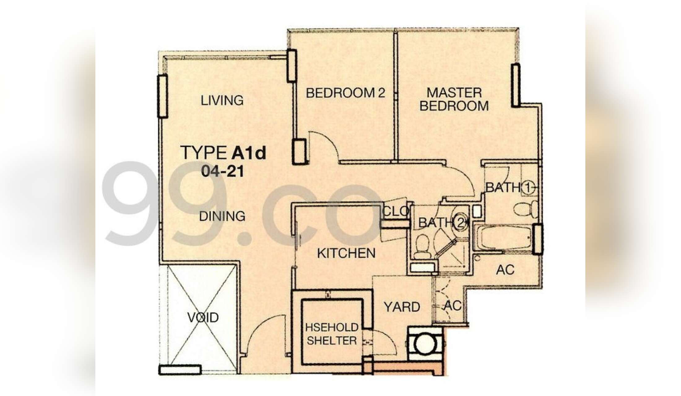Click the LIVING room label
tap(222, 101)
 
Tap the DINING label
tap(222, 216)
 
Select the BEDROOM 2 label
tap(345, 93)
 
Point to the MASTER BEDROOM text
tap(454, 99)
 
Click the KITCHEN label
tap(346, 253)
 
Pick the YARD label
tap(402, 307)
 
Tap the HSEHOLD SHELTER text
tap(332, 334)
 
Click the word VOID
tap(203, 317)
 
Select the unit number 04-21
tap(222, 171)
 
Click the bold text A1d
tap(249, 153)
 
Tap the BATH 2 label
tap(443, 222)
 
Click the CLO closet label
tap(396, 211)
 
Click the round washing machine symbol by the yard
tap(426, 344)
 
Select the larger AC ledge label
tap(505, 270)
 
